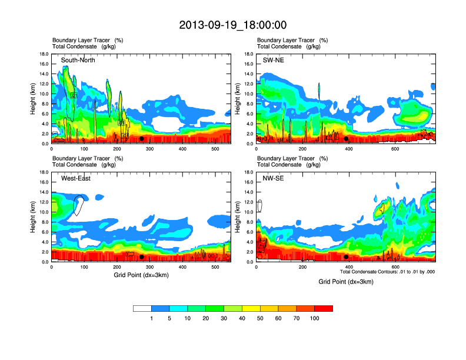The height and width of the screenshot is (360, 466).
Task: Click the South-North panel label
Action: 78,60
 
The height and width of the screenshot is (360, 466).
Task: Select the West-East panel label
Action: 76,178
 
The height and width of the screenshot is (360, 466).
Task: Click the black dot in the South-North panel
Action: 141,139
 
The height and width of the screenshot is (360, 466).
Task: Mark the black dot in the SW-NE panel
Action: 346,139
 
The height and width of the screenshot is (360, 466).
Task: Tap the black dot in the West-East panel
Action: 141,257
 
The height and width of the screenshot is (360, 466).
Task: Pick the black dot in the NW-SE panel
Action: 346,257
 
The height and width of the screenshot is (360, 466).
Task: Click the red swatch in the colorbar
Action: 324,308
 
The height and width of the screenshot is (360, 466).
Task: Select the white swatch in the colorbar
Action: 142,308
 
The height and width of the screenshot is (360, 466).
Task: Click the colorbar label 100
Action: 315,319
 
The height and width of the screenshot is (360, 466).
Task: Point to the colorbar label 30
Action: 224,319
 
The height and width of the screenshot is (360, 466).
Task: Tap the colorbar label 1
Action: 152,319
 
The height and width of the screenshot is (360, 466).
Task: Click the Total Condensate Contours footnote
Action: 387,272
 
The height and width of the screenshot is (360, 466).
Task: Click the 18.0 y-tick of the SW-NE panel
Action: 250,54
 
